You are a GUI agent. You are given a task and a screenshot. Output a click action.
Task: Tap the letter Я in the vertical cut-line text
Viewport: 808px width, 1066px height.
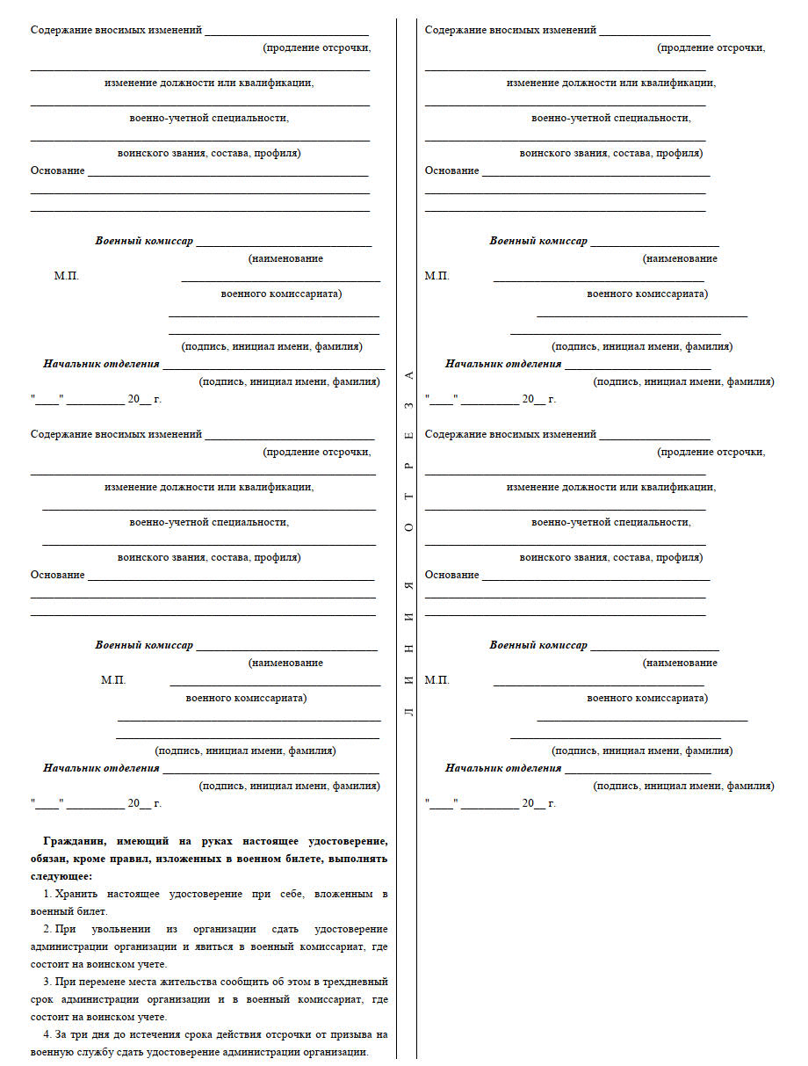tap(408, 585)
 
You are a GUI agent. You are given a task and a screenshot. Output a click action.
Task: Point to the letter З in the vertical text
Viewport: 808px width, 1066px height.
tap(408, 407)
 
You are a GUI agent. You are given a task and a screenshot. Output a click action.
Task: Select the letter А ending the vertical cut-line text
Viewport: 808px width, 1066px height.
tap(408, 375)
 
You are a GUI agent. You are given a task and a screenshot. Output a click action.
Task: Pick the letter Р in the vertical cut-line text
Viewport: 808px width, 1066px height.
tap(408, 466)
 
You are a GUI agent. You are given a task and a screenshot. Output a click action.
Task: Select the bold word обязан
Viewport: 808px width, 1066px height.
tap(52, 859)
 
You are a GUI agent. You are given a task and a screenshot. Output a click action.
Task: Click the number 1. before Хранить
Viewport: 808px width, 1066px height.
tap(47, 894)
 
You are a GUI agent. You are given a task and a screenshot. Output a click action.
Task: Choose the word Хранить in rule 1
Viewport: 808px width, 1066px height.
tap(75, 894)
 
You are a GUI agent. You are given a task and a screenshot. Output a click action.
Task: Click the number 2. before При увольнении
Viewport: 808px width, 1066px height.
tap(47, 929)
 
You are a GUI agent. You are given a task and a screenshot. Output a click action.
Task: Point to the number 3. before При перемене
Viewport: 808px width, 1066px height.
tap(47, 982)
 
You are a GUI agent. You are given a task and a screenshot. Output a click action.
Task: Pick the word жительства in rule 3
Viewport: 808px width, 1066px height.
tap(175, 982)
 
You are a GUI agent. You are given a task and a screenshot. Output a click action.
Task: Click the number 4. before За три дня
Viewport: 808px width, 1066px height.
tap(47, 1034)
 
